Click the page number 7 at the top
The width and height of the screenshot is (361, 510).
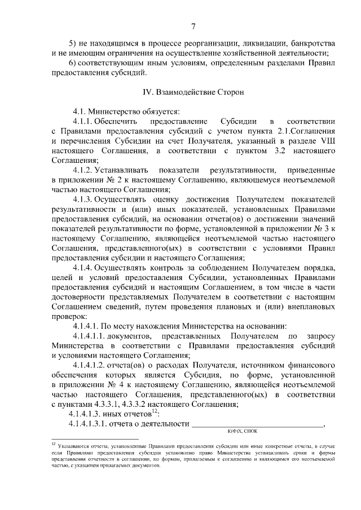point(193,26)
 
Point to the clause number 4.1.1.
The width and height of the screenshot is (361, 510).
point(82,121)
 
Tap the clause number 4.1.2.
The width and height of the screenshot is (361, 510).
point(82,169)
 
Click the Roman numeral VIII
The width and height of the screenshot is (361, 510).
point(327,140)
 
